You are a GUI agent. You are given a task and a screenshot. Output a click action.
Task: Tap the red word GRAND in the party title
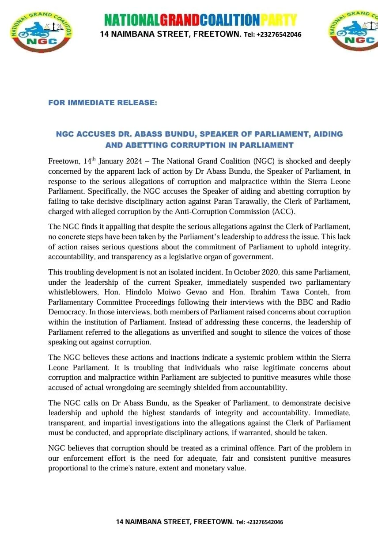pos(179,20)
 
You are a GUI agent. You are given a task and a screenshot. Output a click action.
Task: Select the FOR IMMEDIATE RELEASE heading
pos(102,103)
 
